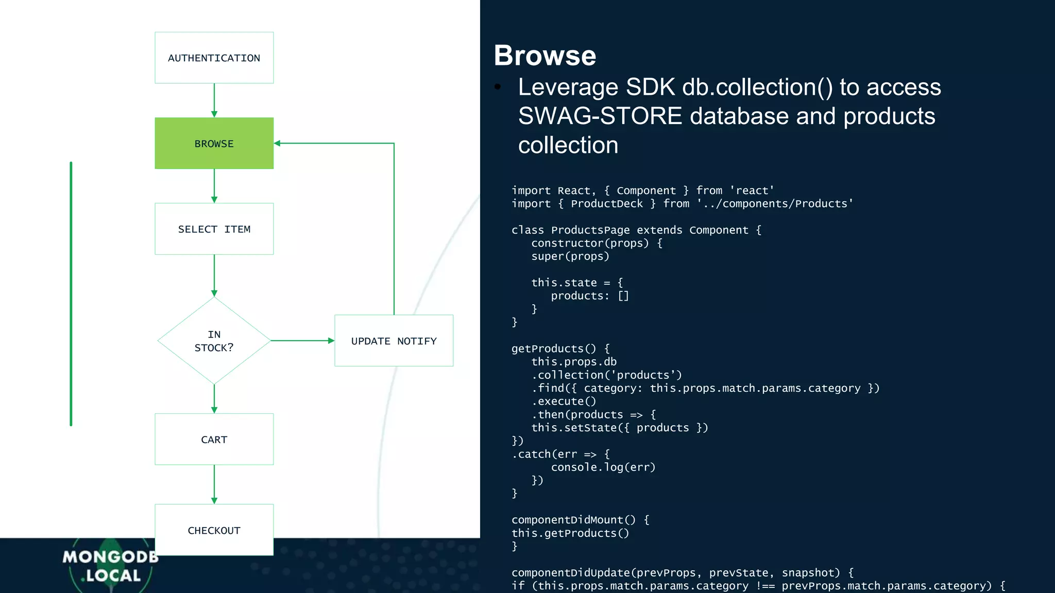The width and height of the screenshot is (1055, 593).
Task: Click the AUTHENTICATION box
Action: pyautogui.click(x=214, y=58)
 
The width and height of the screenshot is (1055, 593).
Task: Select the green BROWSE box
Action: pyautogui.click(x=214, y=143)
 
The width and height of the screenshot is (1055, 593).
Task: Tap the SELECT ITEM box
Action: pyautogui.click(x=214, y=229)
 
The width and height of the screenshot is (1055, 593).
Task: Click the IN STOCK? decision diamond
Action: pyautogui.click(x=214, y=341)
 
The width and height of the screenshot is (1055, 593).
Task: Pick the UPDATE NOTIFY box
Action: pyautogui.click(x=394, y=341)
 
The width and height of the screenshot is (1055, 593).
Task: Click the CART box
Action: pyautogui.click(x=214, y=439)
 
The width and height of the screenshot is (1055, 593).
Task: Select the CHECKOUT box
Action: pyautogui.click(x=214, y=530)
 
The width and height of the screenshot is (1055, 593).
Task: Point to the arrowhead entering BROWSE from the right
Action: pyautogui.click(x=278, y=143)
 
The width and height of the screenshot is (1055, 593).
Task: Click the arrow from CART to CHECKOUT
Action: pyautogui.click(x=214, y=484)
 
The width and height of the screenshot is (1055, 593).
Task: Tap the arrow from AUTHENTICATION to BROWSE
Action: pyautogui.click(x=214, y=100)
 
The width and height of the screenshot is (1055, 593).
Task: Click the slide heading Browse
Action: pyautogui.click(x=544, y=56)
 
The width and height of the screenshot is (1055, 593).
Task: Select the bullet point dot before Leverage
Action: pyautogui.click(x=498, y=87)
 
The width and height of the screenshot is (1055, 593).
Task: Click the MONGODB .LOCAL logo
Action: pyautogui.click(x=111, y=566)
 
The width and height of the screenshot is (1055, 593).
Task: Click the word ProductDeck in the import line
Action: pyautogui.click(x=606, y=204)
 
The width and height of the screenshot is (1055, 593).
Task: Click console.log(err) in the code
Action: pyautogui.click(x=603, y=467)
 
